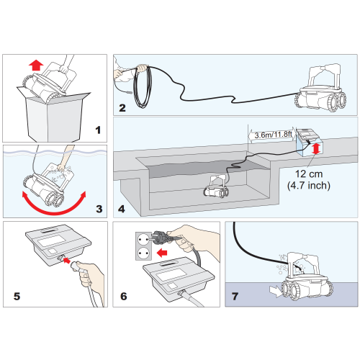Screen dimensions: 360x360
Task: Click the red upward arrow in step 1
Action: pos(36,66)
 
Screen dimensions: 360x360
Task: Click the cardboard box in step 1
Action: pos(54,116)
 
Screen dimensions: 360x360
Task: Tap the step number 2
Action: pos(122,108)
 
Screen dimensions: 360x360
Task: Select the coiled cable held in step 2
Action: pos(143,87)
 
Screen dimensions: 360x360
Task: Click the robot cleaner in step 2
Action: pos(320,89)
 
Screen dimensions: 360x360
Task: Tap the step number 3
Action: pos(99,209)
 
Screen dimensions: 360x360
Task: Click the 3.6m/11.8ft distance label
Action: pos(274,135)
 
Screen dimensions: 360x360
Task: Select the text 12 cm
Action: pos(309,174)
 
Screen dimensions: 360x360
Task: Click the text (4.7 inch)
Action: pos(309,186)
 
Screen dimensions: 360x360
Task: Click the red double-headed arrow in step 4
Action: pos(316,148)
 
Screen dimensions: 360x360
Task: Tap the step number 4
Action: pos(122,209)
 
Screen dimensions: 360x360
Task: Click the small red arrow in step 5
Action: pos(66,260)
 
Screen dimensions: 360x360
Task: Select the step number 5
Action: pos(17,296)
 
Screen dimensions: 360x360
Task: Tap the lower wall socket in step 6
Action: pos(143,253)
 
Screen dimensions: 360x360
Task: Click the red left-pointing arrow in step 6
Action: pos(162,253)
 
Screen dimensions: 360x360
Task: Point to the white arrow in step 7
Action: pos(276,291)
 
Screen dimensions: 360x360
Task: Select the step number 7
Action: pos(235,296)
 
